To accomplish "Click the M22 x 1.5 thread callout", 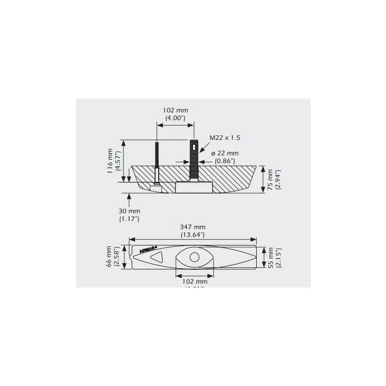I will click(225, 138).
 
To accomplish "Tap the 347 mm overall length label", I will click(193, 227).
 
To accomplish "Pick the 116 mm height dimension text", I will click(110, 161).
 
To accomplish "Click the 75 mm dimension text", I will click(271, 179).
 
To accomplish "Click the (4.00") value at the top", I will click(176, 118).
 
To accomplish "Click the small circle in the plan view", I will click(194, 257).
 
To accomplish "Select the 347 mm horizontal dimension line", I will click(193, 240).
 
